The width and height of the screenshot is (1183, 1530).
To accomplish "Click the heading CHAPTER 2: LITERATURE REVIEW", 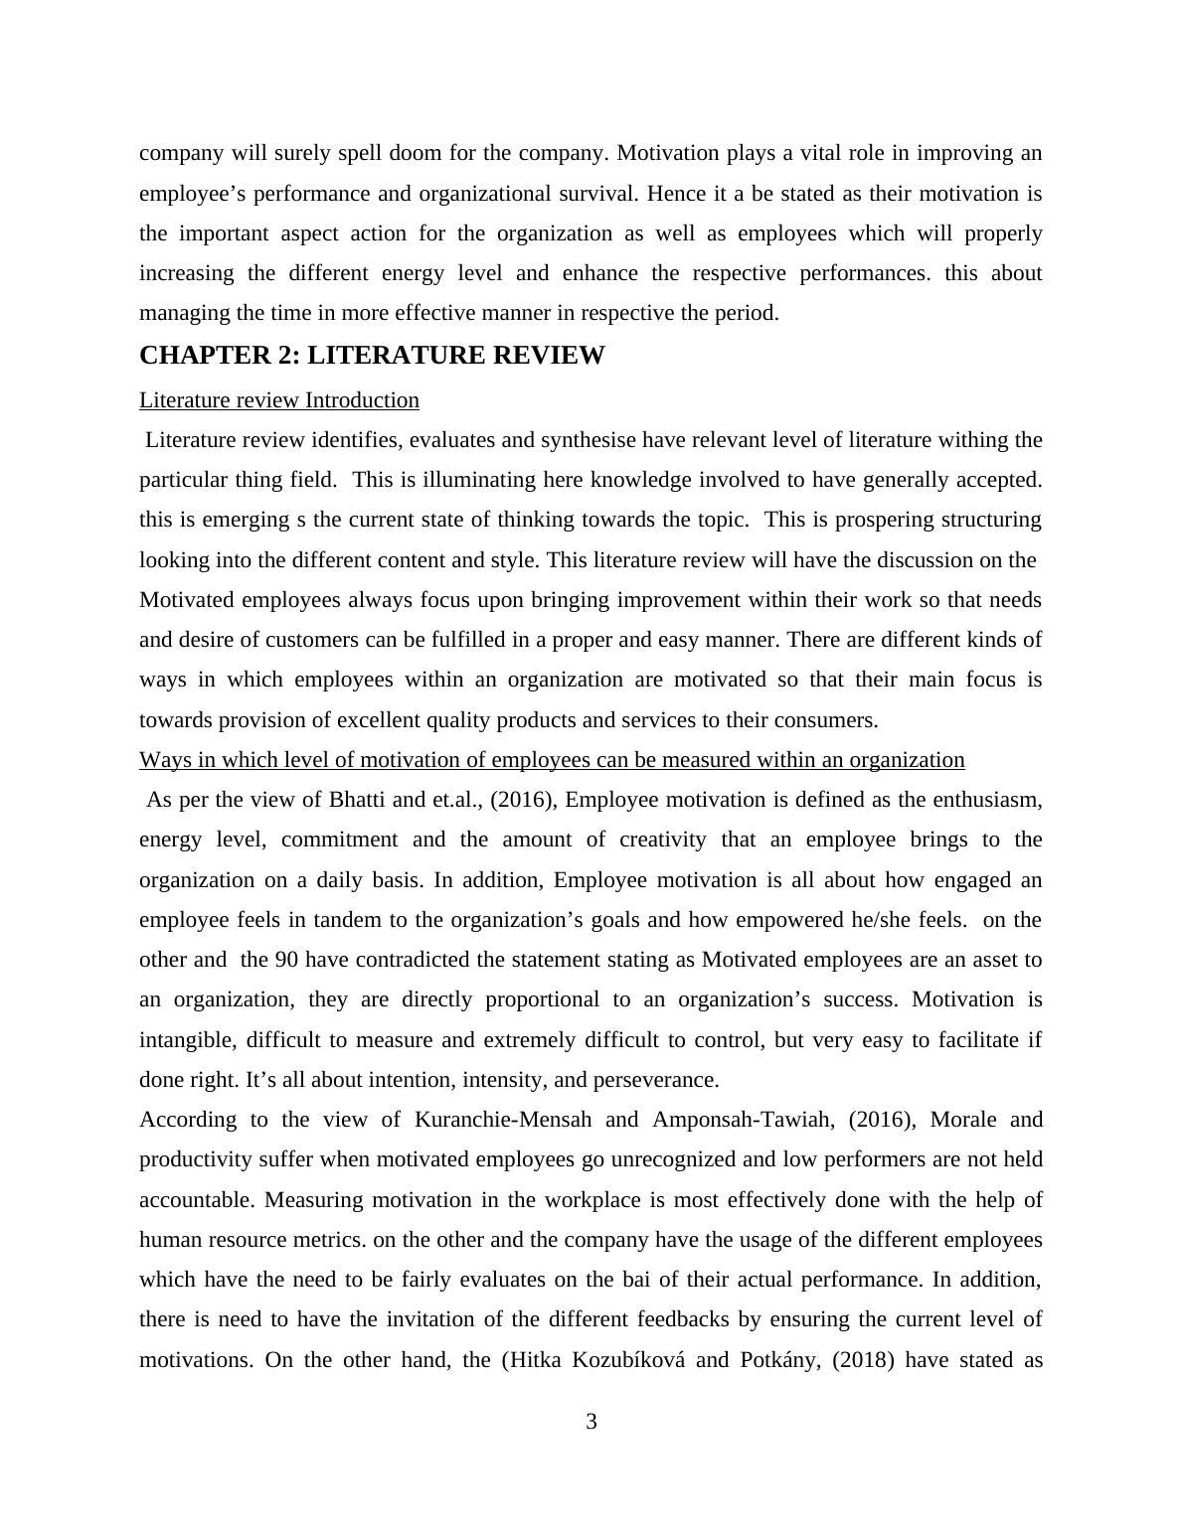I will pyautogui.click(x=372, y=356).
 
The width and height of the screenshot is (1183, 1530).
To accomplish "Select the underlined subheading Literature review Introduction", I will pyautogui.click(x=278, y=400).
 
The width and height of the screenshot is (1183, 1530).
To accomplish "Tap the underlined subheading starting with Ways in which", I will pyautogui.click(x=552, y=760).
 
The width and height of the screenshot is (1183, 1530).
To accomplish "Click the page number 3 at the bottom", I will pyautogui.click(x=591, y=1423).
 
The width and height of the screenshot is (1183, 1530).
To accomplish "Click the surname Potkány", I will pyautogui.click(x=780, y=1360).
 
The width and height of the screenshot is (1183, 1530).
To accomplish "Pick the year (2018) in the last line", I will pyautogui.click(x=863, y=1360).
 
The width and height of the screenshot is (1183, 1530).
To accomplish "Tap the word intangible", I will pyautogui.click(x=186, y=1040).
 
